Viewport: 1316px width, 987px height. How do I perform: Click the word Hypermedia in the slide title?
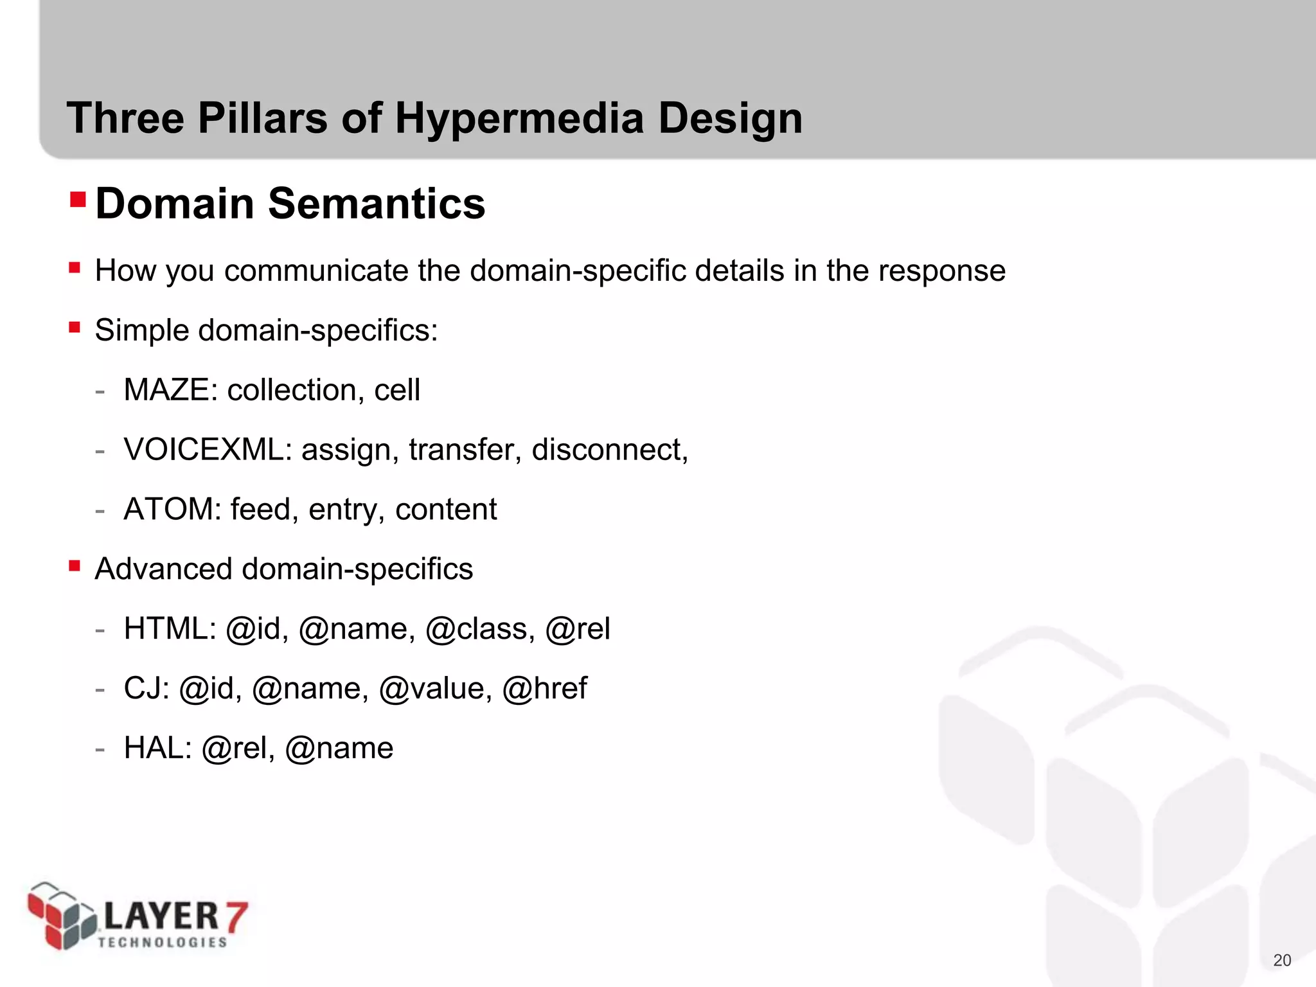pos(519,119)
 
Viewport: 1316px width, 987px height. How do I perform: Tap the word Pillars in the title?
pos(262,119)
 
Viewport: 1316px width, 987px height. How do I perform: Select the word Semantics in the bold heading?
pos(377,204)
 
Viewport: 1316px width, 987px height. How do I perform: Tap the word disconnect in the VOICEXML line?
pos(609,450)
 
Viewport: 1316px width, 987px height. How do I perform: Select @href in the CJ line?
pos(544,688)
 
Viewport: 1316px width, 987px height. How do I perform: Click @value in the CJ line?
pos(435,688)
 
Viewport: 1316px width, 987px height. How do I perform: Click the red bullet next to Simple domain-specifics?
pos(75,328)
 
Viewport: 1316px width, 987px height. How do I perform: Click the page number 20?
pos(1282,960)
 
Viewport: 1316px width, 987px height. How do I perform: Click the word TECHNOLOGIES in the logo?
pos(163,943)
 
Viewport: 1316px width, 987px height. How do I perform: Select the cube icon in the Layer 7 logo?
pos(61,915)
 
